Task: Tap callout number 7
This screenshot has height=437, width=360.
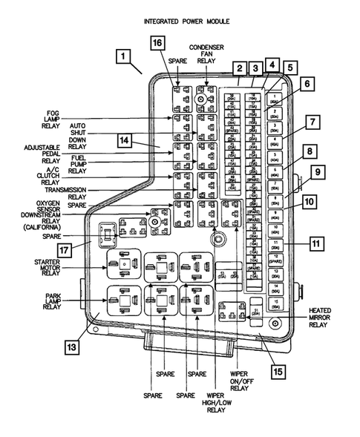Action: tap(312, 121)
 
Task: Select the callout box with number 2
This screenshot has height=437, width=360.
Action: tap(239, 69)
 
